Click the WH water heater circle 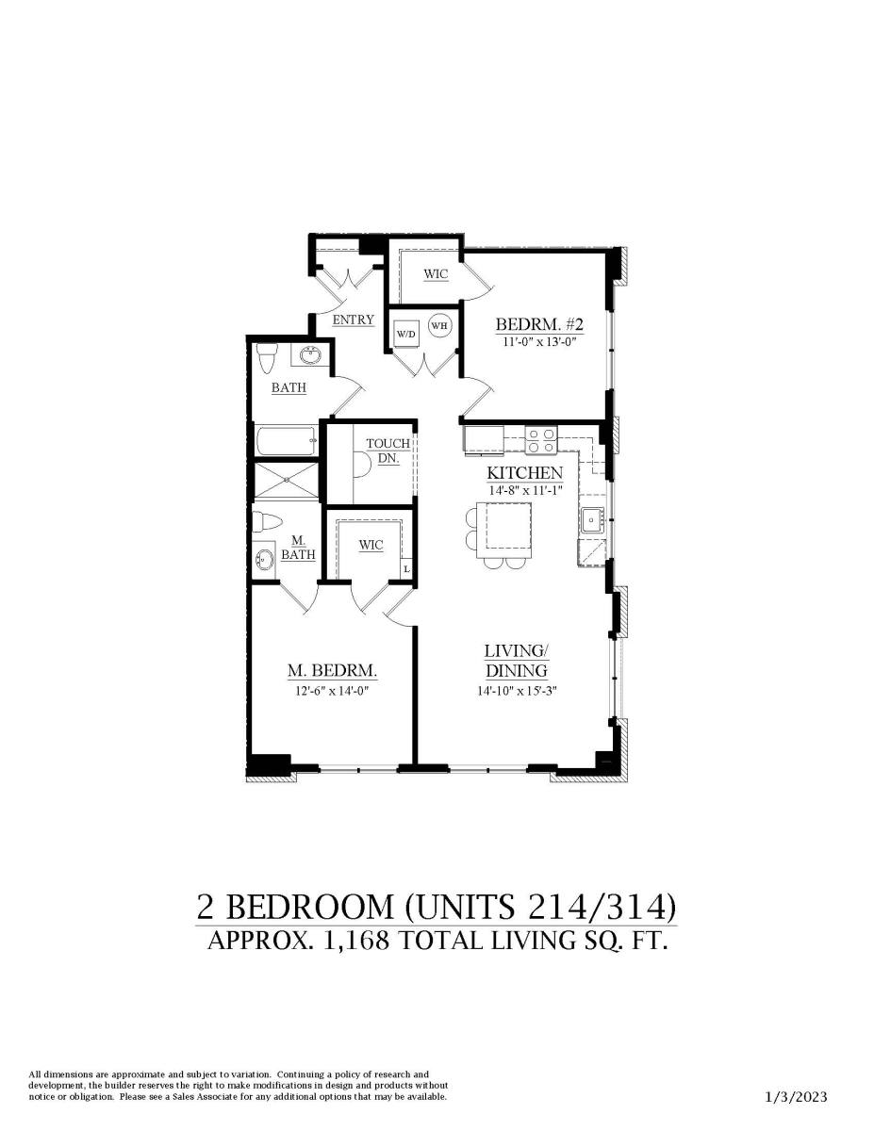point(440,326)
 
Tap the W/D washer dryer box point(406,333)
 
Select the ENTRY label point(354,320)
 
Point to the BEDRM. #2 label point(540,324)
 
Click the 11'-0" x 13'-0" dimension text point(540,342)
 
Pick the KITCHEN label point(525,473)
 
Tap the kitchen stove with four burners point(541,439)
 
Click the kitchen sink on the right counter point(593,519)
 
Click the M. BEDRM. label point(333,671)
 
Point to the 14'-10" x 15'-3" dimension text point(518,692)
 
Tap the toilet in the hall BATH point(267,358)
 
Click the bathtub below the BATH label point(286,440)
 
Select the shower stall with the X point(286,481)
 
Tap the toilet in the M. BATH point(267,521)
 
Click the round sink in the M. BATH point(265,560)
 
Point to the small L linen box point(406,568)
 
